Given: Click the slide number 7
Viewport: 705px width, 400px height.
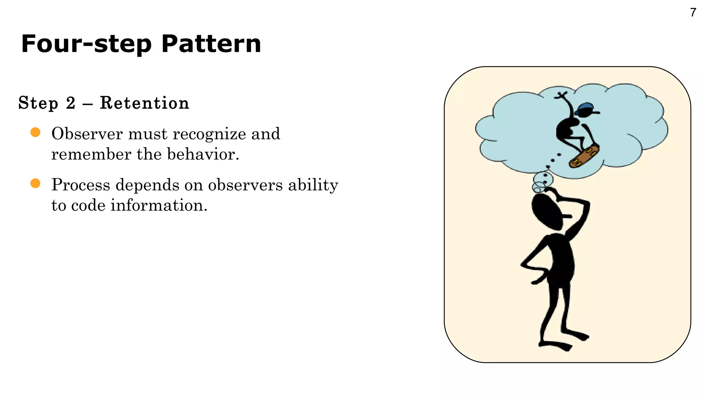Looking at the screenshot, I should pyautogui.click(x=693, y=13).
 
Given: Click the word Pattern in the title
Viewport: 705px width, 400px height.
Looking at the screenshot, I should pyautogui.click(x=211, y=44).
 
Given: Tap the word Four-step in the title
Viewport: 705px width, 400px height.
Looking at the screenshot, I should pyautogui.click(x=86, y=44).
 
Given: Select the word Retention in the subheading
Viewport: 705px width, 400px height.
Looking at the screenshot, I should pyautogui.click(x=145, y=103).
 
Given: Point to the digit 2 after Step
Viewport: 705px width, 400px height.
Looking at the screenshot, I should pyautogui.click(x=71, y=103).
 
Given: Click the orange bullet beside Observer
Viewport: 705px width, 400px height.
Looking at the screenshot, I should pyautogui.click(x=35, y=132).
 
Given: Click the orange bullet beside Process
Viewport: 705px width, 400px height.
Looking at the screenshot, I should pyautogui.click(x=35, y=183).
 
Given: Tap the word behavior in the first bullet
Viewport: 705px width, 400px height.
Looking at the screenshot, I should pyautogui.click(x=203, y=154).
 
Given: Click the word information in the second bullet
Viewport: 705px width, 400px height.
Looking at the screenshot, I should pyautogui.click(x=159, y=205).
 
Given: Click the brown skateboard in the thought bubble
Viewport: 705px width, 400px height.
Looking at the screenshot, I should pyautogui.click(x=584, y=156).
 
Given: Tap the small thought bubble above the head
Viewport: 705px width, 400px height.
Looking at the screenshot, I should pyautogui.click(x=543, y=179).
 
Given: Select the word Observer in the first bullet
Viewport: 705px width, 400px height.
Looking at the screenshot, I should pyautogui.click(x=87, y=134).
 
